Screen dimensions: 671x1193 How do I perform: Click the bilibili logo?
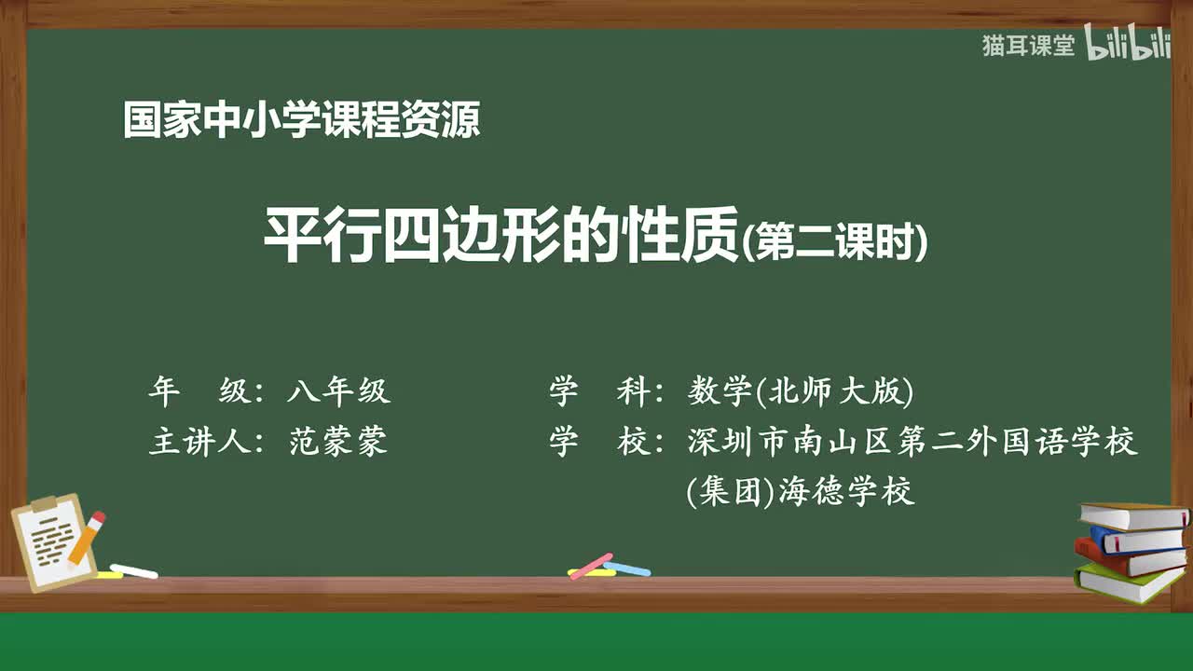[x=1128, y=46]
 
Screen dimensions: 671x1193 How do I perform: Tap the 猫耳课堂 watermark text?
[x=1028, y=46]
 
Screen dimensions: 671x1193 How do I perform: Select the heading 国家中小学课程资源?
[x=301, y=121]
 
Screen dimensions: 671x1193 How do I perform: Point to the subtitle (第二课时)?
[x=835, y=243]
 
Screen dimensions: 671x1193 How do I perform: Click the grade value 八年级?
[x=338, y=392]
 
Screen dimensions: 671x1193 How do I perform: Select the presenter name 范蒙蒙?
[x=338, y=442]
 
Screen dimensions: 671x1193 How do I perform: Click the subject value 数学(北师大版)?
[x=801, y=392]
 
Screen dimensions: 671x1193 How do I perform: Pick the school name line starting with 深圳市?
[x=912, y=442]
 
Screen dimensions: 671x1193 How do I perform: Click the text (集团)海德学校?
[x=801, y=491]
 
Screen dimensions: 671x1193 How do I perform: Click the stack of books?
[x=1131, y=553]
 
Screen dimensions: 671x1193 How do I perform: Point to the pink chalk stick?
[x=591, y=565]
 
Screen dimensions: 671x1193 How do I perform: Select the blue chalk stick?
[x=627, y=568]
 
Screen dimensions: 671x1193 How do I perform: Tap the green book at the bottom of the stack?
[x=1129, y=583]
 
